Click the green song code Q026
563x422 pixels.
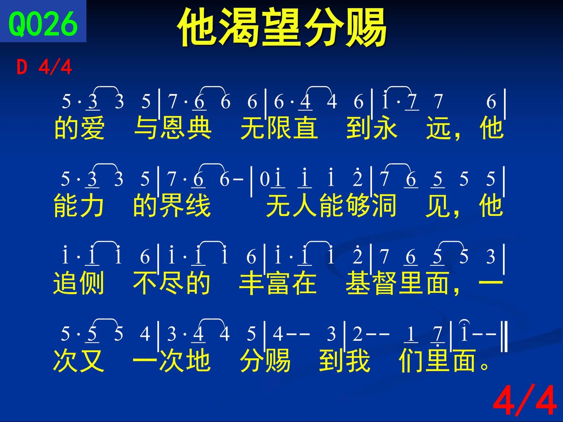[43, 24]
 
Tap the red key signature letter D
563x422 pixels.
[22, 67]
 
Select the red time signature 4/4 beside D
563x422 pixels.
[55, 67]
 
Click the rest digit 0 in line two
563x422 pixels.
[264, 179]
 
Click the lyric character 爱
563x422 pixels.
[92, 127]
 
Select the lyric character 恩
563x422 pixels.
[172, 127]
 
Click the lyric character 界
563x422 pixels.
[172, 205]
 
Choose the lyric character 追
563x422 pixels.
[65, 283]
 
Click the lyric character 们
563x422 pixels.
[411, 361]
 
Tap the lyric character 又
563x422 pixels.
[92, 361]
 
